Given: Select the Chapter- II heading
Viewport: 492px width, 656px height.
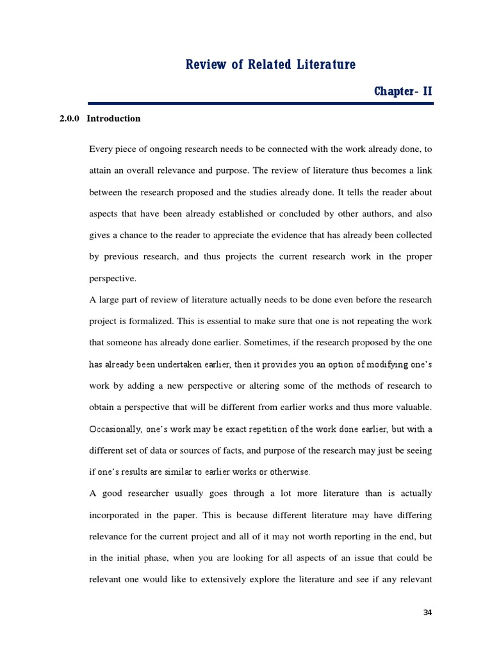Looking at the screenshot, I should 404,92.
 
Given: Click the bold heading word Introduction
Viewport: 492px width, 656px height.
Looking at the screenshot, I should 113,119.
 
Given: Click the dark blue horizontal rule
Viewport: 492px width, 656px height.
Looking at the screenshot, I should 261,103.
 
